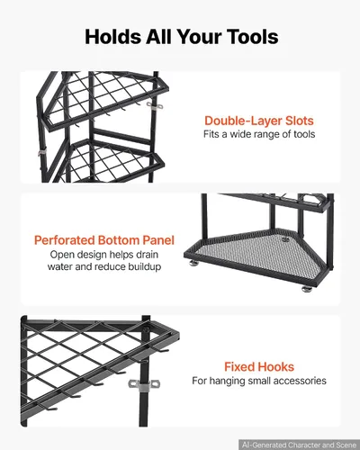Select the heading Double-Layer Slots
point(259,121)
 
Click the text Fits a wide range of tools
point(259,134)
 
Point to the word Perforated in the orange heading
point(65,240)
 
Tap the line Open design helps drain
point(104,255)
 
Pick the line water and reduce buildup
point(104,266)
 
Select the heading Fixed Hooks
point(259,367)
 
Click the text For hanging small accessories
point(259,381)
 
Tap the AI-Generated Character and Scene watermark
point(299,445)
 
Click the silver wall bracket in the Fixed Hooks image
point(144,384)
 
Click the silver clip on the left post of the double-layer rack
point(42,152)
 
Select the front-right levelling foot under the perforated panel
point(307,289)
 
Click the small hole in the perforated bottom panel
point(285,239)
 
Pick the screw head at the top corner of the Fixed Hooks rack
point(147,329)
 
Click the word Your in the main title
point(200,37)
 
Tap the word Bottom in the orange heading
point(119,240)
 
